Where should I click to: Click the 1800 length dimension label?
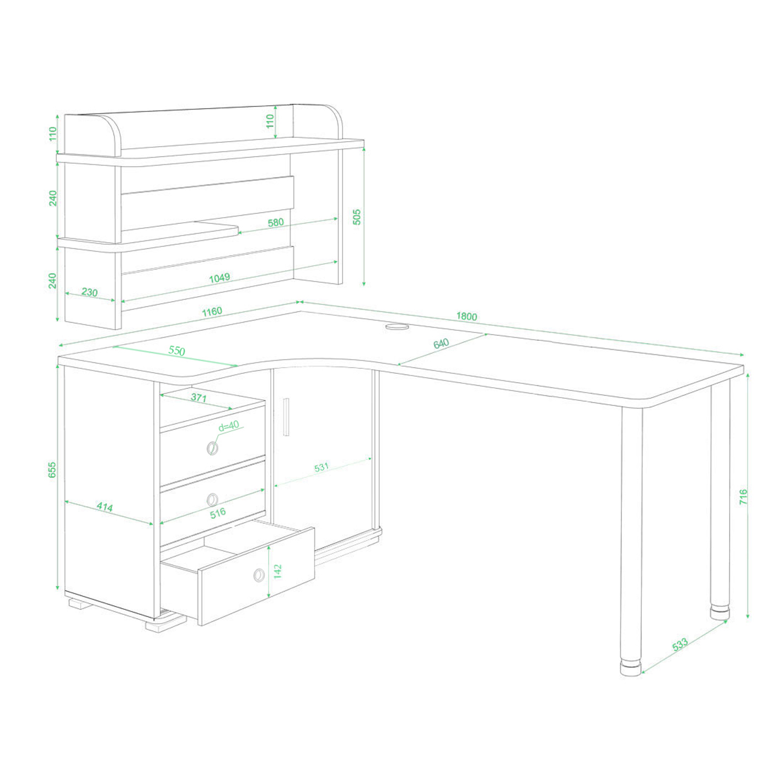click(x=467, y=316)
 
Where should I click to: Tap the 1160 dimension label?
click(x=212, y=312)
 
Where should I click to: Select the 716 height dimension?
click(x=743, y=496)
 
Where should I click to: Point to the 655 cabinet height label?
click(x=52, y=469)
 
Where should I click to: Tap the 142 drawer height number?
click(x=277, y=571)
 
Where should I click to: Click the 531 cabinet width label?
click(x=321, y=467)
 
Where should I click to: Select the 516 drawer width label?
click(x=218, y=513)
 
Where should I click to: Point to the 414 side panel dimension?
click(x=105, y=507)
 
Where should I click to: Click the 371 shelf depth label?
click(x=199, y=398)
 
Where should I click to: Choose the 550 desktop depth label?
click(x=176, y=351)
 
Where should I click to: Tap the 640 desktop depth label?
click(x=441, y=344)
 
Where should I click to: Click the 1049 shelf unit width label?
click(x=219, y=277)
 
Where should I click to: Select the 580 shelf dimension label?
click(x=276, y=222)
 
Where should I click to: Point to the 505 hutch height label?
click(x=357, y=217)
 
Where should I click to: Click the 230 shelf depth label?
click(x=89, y=292)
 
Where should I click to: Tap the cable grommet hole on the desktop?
click(x=397, y=326)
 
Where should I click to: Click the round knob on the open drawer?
click(x=259, y=575)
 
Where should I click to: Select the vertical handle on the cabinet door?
click(x=286, y=417)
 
